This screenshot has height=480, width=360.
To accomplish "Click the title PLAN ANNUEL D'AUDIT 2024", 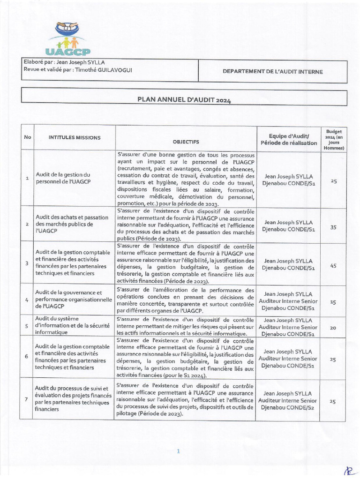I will (x=184, y=99).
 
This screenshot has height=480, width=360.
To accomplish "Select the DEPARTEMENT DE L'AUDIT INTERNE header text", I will (x=272, y=72).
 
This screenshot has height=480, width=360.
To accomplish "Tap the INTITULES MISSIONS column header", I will (x=75, y=137).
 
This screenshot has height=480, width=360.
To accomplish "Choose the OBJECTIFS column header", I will (x=186, y=141).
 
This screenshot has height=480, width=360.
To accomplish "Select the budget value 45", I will (x=333, y=265).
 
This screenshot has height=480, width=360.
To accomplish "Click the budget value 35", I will (x=333, y=227).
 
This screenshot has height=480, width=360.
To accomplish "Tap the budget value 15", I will (x=333, y=302).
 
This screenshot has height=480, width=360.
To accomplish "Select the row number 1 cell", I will (x=27, y=178).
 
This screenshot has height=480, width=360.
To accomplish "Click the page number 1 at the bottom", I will (x=179, y=451).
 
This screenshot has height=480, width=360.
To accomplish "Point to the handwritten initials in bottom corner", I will (x=349, y=471).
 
